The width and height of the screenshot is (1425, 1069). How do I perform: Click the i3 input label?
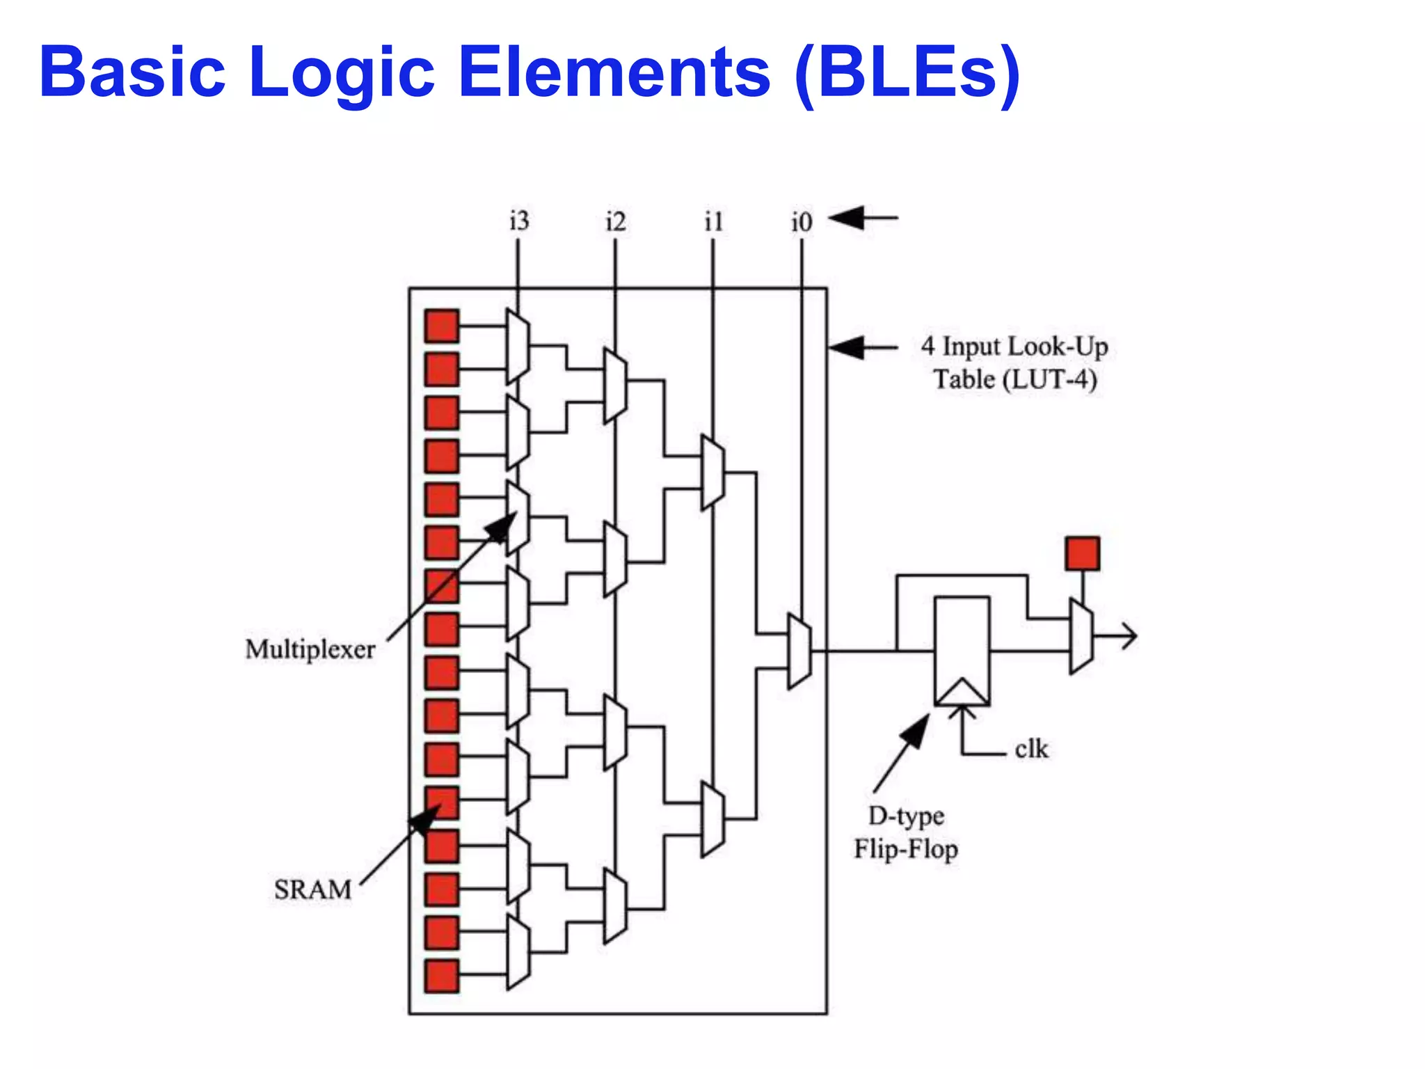coord(519,221)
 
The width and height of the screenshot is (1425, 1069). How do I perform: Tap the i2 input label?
coord(616,222)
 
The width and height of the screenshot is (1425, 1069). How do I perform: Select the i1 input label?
coord(714,222)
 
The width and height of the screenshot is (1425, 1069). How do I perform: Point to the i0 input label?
coord(802,222)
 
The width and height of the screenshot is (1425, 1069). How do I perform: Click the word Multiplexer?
coord(310,649)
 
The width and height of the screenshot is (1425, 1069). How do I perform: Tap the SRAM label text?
coord(312,890)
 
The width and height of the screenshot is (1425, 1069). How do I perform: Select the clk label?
coord(1030,750)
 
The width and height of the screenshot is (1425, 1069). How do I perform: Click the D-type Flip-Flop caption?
coord(906,832)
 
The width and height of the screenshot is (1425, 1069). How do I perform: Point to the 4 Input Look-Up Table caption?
coord(1014,363)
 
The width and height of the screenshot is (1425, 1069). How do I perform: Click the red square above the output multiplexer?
coord(1083,553)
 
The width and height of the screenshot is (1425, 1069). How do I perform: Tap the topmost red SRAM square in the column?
coord(443,326)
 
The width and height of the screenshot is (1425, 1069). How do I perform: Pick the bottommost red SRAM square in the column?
coord(443,976)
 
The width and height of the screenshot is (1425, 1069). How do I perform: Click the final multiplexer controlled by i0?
coord(799,651)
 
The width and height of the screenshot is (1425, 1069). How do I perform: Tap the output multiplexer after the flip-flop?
coord(1081,635)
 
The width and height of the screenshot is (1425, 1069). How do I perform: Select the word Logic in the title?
coord(341,73)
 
